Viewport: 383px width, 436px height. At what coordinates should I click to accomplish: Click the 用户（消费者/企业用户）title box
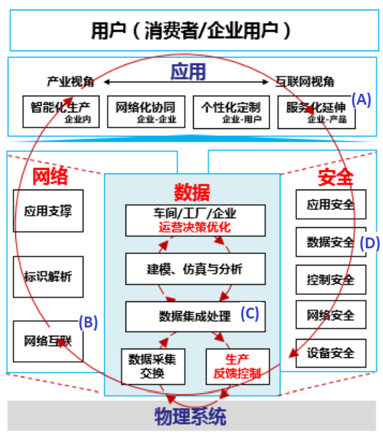point(191,30)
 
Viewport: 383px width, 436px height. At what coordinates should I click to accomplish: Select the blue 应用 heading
point(188,72)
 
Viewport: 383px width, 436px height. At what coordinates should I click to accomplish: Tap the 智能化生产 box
point(61,112)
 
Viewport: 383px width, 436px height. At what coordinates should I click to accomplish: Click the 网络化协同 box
point(146,112)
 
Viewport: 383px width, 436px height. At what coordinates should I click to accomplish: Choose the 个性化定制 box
point(230,112)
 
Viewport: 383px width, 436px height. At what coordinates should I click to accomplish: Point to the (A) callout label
point(361,100)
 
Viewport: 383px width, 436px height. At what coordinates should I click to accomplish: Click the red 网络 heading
point(50,176)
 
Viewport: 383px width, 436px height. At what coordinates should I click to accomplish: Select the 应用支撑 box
point(48,210)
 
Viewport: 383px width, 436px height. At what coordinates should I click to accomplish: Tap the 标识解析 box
point(48,276)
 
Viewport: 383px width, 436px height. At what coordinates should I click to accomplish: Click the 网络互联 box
point(48,340)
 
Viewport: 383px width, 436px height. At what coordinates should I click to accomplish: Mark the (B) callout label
point(88,322)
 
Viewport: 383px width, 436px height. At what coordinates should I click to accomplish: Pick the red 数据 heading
point(192,191)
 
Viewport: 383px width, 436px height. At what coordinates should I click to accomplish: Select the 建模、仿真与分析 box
point(194,269)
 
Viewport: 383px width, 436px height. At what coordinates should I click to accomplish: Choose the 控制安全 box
point(331,279)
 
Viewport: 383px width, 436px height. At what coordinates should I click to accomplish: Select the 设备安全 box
point(331,353)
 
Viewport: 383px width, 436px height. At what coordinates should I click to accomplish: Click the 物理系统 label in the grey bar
point(190,417)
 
